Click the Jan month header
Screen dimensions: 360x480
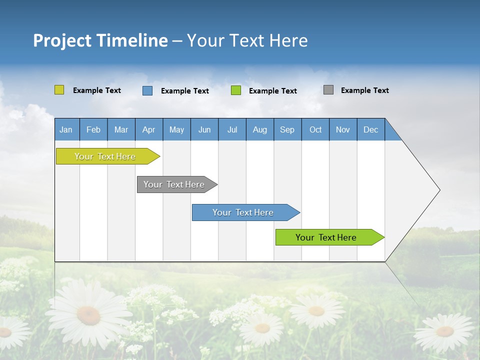click(66, 129)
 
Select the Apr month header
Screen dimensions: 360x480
click(149, 129)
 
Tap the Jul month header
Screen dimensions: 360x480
click(232, 129)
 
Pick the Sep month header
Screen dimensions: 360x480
click(287, 129)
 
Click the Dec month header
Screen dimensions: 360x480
click(370, 129)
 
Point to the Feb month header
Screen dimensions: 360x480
click(93, 129)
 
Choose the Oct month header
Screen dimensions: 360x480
click(315, 129)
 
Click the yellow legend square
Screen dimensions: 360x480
click(59, 90)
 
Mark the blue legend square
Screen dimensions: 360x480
click(147, 90)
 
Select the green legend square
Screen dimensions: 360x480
click(236, 90)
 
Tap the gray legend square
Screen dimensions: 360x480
click(328, 90)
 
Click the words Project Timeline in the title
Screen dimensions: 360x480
click(100, 40)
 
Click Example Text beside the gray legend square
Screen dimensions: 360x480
click(364, 90)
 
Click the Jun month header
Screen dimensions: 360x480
click(204, 129)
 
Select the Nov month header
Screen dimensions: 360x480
click(343, 129)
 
